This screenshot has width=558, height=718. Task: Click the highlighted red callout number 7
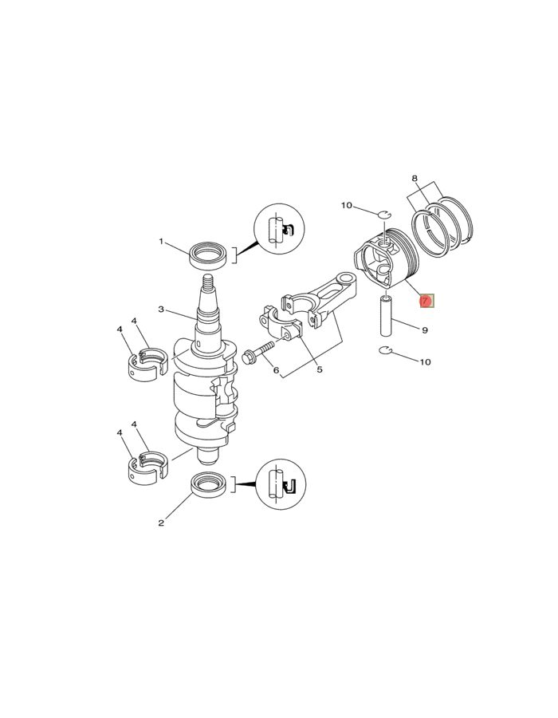(426, 301)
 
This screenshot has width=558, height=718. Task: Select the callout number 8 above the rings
(415, 179)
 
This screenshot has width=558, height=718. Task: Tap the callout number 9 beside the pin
(425, 329)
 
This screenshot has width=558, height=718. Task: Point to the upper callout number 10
(346, 206)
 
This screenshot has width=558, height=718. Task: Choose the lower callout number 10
(425, 361)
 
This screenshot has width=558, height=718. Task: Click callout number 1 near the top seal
(161, 242)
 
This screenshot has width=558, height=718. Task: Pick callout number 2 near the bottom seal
(161, 523)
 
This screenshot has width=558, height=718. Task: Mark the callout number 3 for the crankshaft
(161, 310)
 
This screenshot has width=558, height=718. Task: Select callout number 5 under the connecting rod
(319, 369)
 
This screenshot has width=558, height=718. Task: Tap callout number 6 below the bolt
(276, 370)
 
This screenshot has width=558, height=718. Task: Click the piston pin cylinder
(387, 316)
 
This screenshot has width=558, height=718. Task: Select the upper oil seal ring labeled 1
(208, 256)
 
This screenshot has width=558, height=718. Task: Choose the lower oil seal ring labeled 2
(210, 483)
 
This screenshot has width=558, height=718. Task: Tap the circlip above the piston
(385, 214)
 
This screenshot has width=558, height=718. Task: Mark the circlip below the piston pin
(385, 351)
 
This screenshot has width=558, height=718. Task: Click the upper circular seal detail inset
(279, 230)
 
